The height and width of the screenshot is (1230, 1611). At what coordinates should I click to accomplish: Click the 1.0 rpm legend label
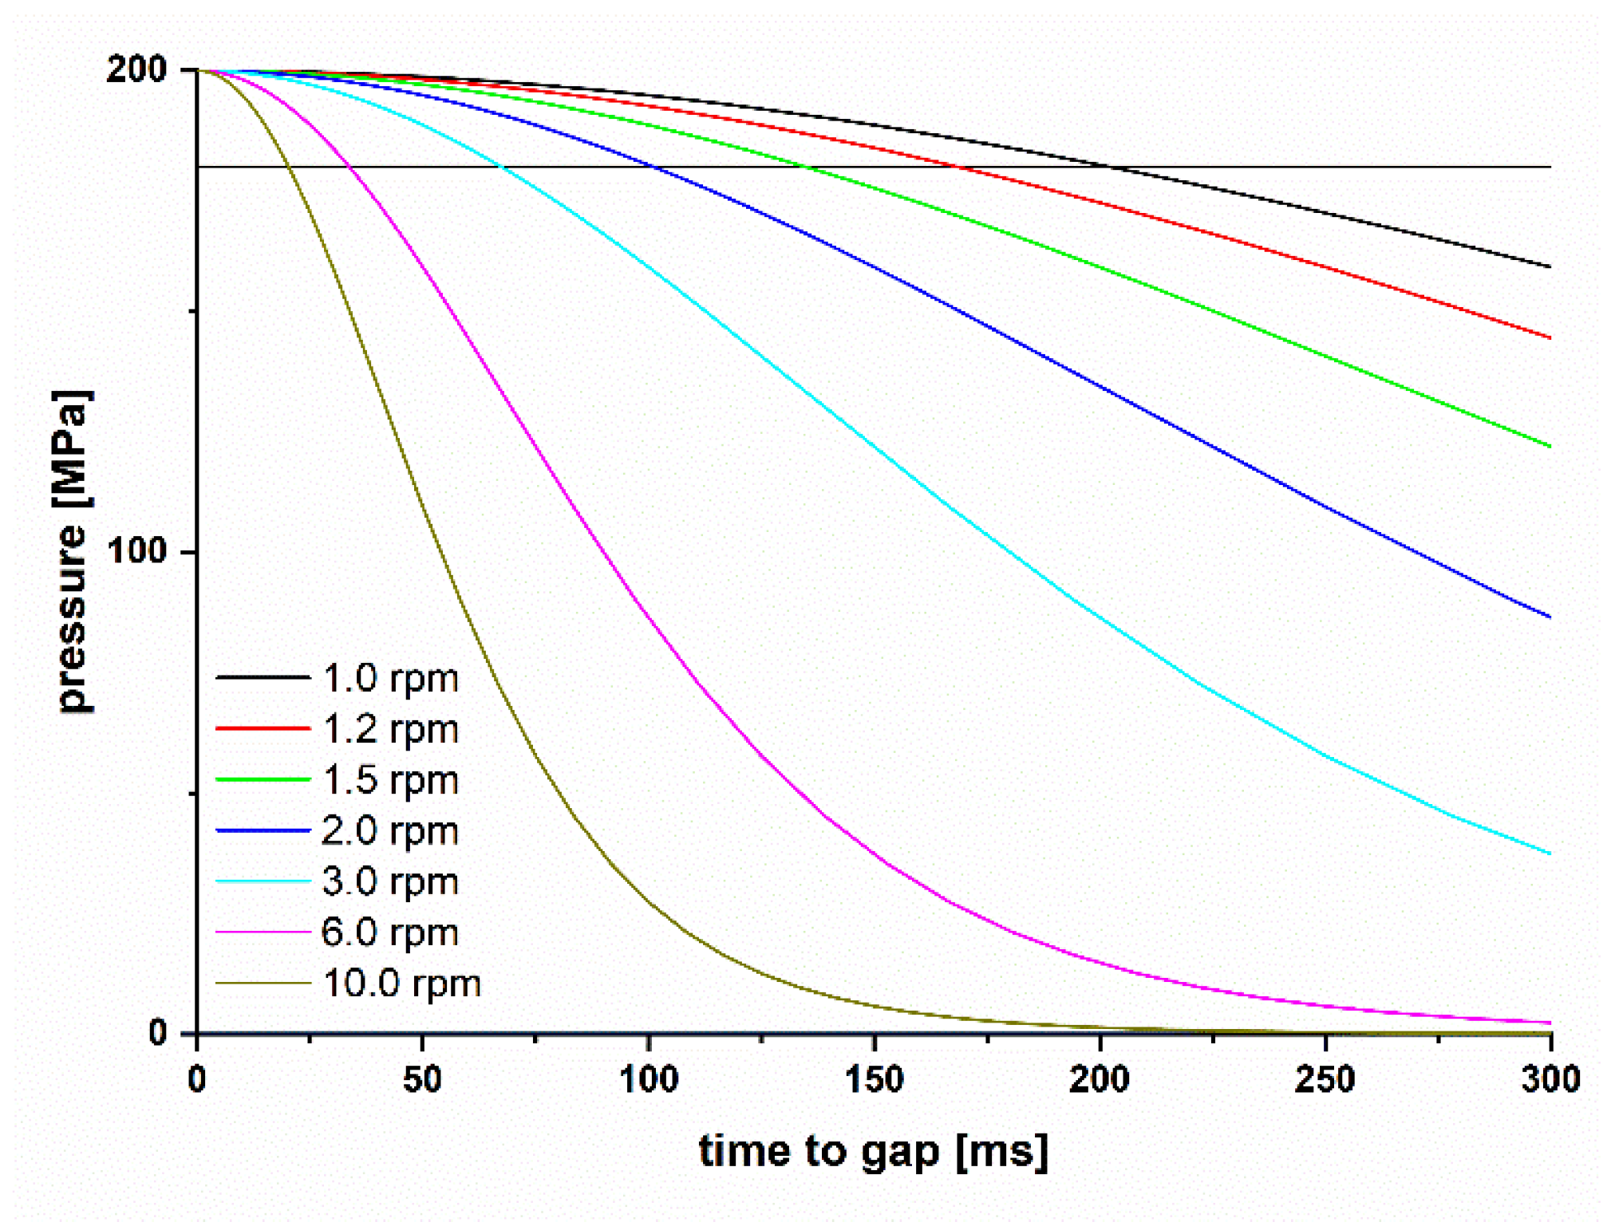tap(390, 679)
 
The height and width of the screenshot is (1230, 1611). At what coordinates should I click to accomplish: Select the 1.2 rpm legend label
tap(390, 730)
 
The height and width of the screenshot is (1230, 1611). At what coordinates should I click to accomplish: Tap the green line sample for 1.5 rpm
tap(263, 779)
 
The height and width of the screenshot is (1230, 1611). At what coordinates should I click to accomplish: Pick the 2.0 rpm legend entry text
tap(390, 831)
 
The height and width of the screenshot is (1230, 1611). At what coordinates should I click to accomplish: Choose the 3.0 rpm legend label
tap(390, 882)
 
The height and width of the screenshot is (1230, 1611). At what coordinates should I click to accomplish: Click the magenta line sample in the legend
tap(263, 932)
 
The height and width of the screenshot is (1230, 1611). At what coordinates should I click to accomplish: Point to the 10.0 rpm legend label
tap(401, 984)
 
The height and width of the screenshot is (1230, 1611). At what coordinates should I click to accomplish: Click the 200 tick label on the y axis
tap(136, 70)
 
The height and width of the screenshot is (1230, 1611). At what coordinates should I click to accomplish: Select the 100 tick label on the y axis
tap(136, 551)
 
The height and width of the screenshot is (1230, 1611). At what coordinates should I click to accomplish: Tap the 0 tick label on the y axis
tap(158, 1033)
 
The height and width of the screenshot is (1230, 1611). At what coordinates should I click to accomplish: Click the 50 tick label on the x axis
tap(422, 1080)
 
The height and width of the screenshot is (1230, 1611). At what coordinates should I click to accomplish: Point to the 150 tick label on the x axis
tap(874, 1080)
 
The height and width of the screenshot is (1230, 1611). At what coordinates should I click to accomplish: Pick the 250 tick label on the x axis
tap(1325, 1080)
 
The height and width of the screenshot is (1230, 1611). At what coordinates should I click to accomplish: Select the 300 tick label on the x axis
tap(1550, 1080)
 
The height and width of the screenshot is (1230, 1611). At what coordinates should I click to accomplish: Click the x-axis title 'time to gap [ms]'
tap(873, 1152)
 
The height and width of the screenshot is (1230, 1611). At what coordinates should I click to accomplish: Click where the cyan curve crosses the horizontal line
tap(501, 168)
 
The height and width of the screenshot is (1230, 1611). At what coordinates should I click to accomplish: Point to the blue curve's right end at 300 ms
tap(1549, 617)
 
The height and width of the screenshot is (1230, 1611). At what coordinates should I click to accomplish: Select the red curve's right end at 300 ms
tap(1549, 337)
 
